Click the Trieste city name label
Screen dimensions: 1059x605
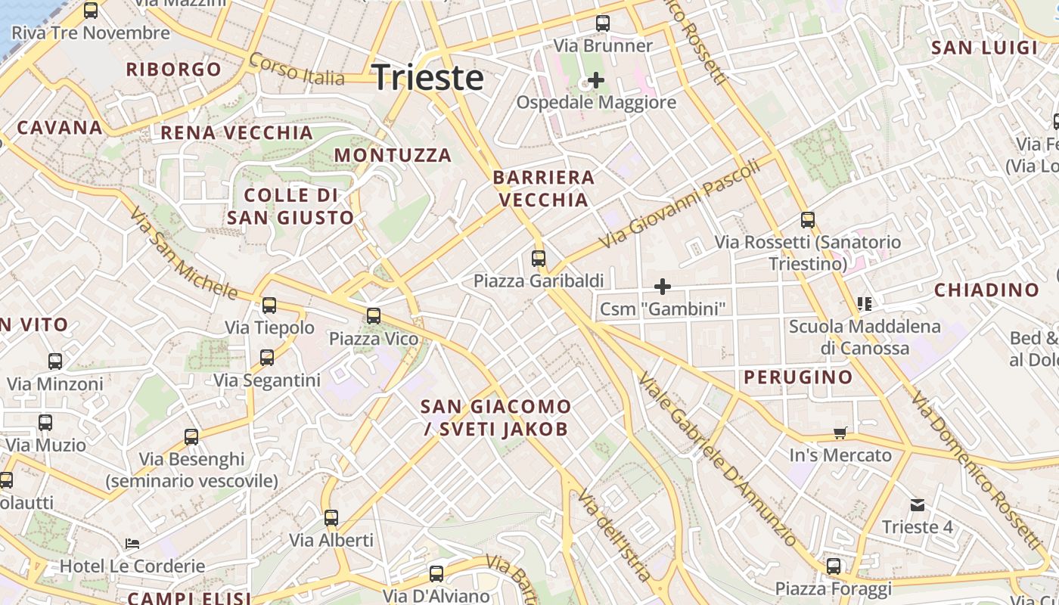point(428,78)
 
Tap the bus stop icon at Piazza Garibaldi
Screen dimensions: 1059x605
point(539,259)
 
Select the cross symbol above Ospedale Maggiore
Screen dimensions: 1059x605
point(596,79)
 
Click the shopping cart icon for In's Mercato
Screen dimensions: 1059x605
point(840,433)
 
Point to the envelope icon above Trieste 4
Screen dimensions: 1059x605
point(918,504)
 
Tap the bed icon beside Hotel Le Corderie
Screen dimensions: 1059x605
point(132,544)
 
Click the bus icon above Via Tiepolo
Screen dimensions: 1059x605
point(269,306)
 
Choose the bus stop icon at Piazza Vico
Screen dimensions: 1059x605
point(374,316)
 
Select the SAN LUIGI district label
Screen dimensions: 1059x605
point(984,48)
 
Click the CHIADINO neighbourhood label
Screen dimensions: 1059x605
point(986,290)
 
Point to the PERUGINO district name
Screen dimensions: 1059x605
point(798,377)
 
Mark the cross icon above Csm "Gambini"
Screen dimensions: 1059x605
point(663,287)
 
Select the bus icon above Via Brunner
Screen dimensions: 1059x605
point(603,23)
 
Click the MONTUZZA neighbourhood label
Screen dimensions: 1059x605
point(393,155)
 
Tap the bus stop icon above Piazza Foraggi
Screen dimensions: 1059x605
point(834,566)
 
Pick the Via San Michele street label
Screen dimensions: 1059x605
point(182,253)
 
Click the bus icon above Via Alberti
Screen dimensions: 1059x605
point(331,518)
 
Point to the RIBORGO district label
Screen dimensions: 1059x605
point(174,70)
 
